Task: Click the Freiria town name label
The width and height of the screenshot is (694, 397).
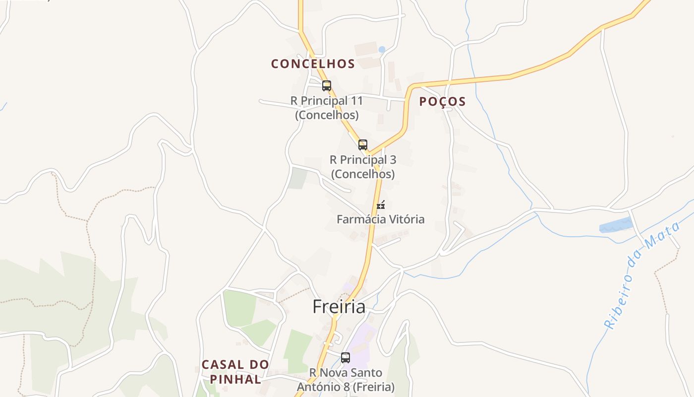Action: (339, 307)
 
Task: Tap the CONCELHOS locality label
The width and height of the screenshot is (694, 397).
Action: (313, 64)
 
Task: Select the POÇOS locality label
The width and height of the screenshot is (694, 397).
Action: (442, 101)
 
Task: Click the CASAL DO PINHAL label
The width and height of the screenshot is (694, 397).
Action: (235, 372)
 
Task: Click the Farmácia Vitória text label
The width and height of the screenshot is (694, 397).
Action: (380, 219)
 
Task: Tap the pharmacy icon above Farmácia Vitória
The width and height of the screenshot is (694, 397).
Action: (381, 204)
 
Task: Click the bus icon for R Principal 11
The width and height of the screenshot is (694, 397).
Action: (326, 85)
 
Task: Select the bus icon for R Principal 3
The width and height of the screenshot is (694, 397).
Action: (363, 145)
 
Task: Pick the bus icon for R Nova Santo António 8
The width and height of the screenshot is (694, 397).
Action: (346, 357)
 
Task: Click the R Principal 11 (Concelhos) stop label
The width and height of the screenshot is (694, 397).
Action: (327, 108)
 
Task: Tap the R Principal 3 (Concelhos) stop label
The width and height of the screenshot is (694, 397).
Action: (363, 167)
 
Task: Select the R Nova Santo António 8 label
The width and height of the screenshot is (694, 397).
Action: (346, 380)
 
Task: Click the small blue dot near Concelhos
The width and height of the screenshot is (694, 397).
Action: (382, 49)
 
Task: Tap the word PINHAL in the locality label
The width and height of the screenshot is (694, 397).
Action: (235, 380)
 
